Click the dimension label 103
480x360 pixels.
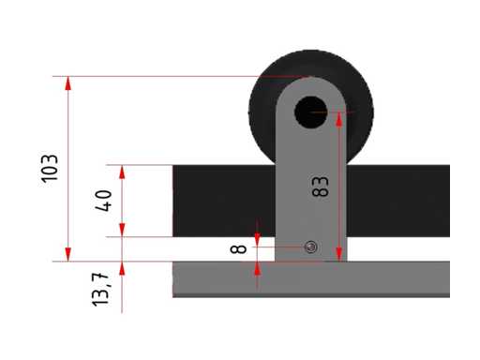pos(50,169)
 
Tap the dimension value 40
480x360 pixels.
pos(103,201)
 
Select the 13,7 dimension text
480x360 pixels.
pos(100,289)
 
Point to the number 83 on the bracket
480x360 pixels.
pos(321,187)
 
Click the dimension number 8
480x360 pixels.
pos(238,249)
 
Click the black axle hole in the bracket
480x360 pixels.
pos(311,112)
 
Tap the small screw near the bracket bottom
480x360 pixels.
pos(311,247)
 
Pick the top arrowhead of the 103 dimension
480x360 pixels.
pos(68,83)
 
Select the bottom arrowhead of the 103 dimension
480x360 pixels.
pos(68,254)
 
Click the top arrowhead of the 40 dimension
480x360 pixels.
pos(122,172)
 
